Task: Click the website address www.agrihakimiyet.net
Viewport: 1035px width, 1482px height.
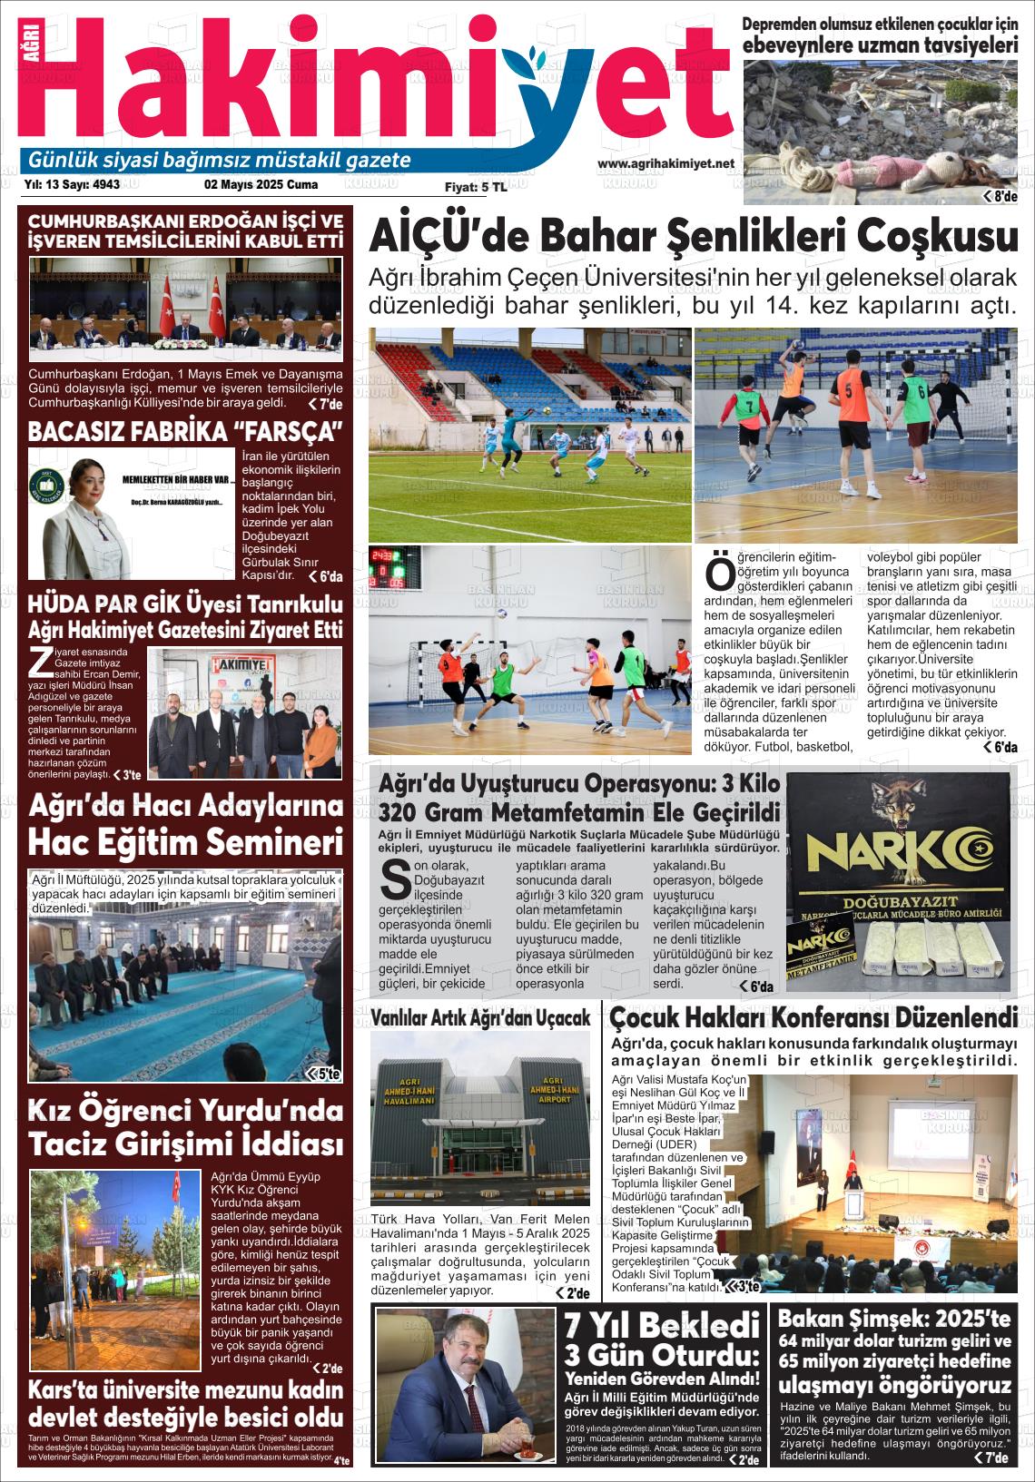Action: coord(665,164)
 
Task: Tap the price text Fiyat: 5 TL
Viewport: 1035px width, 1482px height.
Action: coord(476,187)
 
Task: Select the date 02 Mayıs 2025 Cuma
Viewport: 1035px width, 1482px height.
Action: coord(261,184)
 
